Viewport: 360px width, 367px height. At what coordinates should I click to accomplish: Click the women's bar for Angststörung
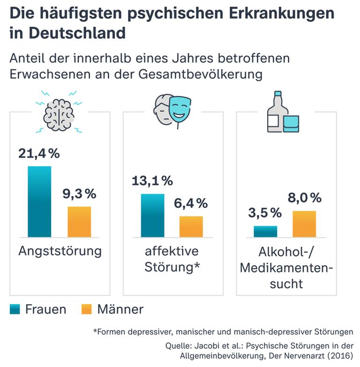39,202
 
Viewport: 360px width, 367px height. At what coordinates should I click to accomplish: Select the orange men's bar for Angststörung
79,222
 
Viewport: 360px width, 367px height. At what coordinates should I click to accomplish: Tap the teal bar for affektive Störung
152,215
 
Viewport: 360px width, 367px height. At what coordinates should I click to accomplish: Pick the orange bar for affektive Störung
191,227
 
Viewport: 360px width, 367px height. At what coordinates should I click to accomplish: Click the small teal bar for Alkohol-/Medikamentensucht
265,231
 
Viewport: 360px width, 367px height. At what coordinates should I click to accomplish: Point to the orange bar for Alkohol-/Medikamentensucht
304,224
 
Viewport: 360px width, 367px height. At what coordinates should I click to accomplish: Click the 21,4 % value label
39,153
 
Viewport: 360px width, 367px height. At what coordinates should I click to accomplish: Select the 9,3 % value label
79,193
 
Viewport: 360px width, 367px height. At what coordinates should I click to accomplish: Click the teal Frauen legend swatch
15,309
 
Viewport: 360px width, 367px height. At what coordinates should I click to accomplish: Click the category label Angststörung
60,251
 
